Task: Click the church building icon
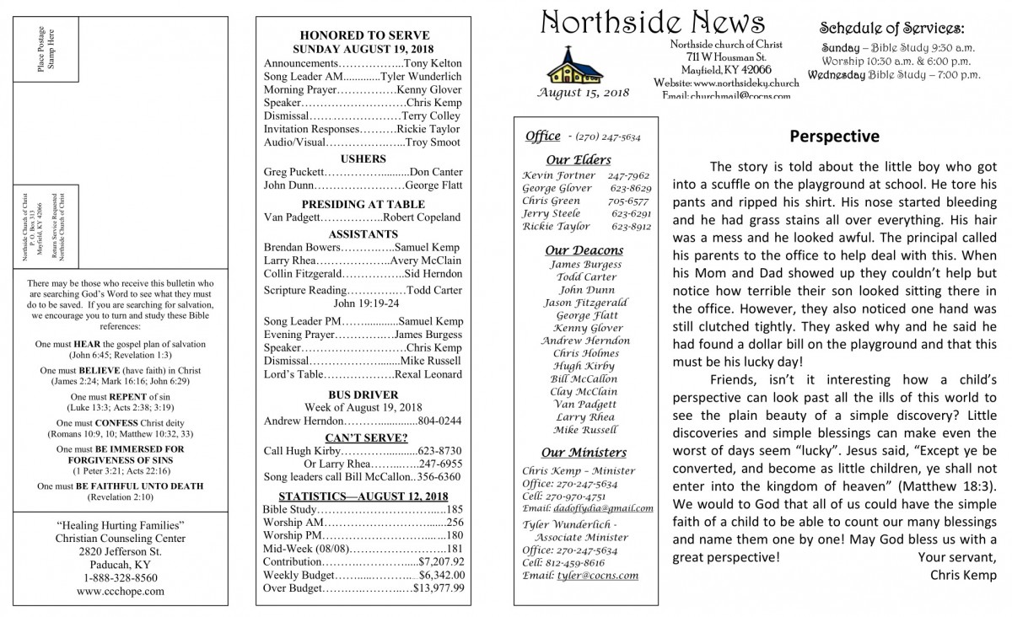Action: [x=568, y=66]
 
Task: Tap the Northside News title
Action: [x=654, y=23]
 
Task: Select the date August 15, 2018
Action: [x=583, y=92]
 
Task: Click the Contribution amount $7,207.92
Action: [x=441, y=561]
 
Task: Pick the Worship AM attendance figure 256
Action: [x=455, y=523]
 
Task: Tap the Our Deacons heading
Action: [x=584, y=250]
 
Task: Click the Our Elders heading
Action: [x=578, y=160]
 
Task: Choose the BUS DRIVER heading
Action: [x=363, y=394]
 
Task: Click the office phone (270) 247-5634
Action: [x=607, y=136]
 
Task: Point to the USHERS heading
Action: [x=363, y=158]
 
